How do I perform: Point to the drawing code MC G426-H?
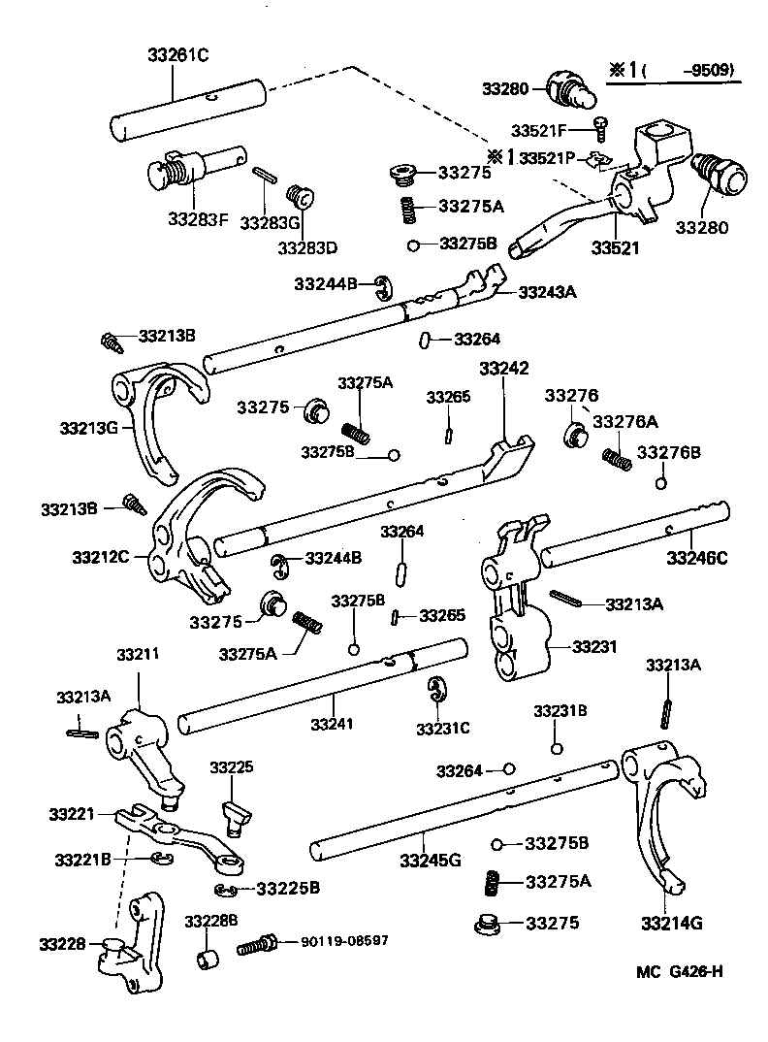[680, 972]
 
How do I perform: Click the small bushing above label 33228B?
[207, 961]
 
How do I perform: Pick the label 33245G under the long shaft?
[430, 860]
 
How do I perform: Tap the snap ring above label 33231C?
[437, 690]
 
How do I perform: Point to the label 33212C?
[101, 557]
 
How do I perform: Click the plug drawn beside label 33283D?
[303, 199]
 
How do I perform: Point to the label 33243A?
[547, 291]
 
